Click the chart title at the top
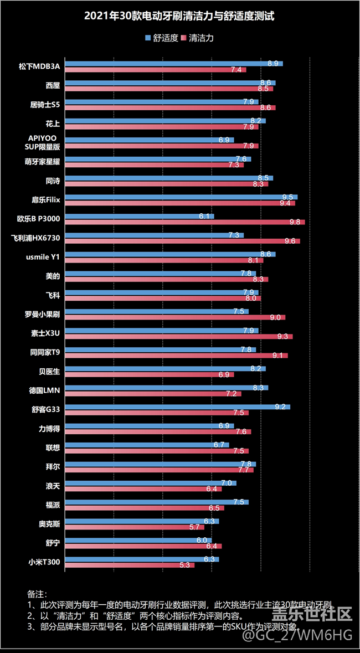179,17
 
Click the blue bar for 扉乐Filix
181,197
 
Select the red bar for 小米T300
130,565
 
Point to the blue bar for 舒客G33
177,407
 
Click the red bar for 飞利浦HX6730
182,241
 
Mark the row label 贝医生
49,371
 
